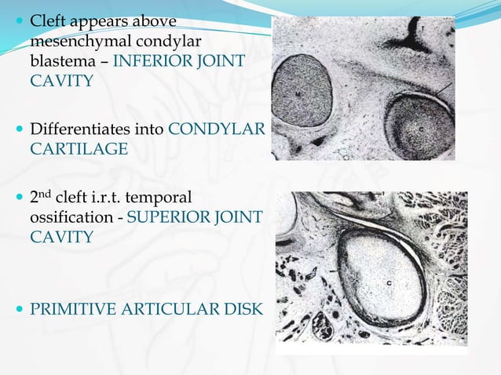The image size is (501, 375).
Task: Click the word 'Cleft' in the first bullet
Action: tap(49, 20)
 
